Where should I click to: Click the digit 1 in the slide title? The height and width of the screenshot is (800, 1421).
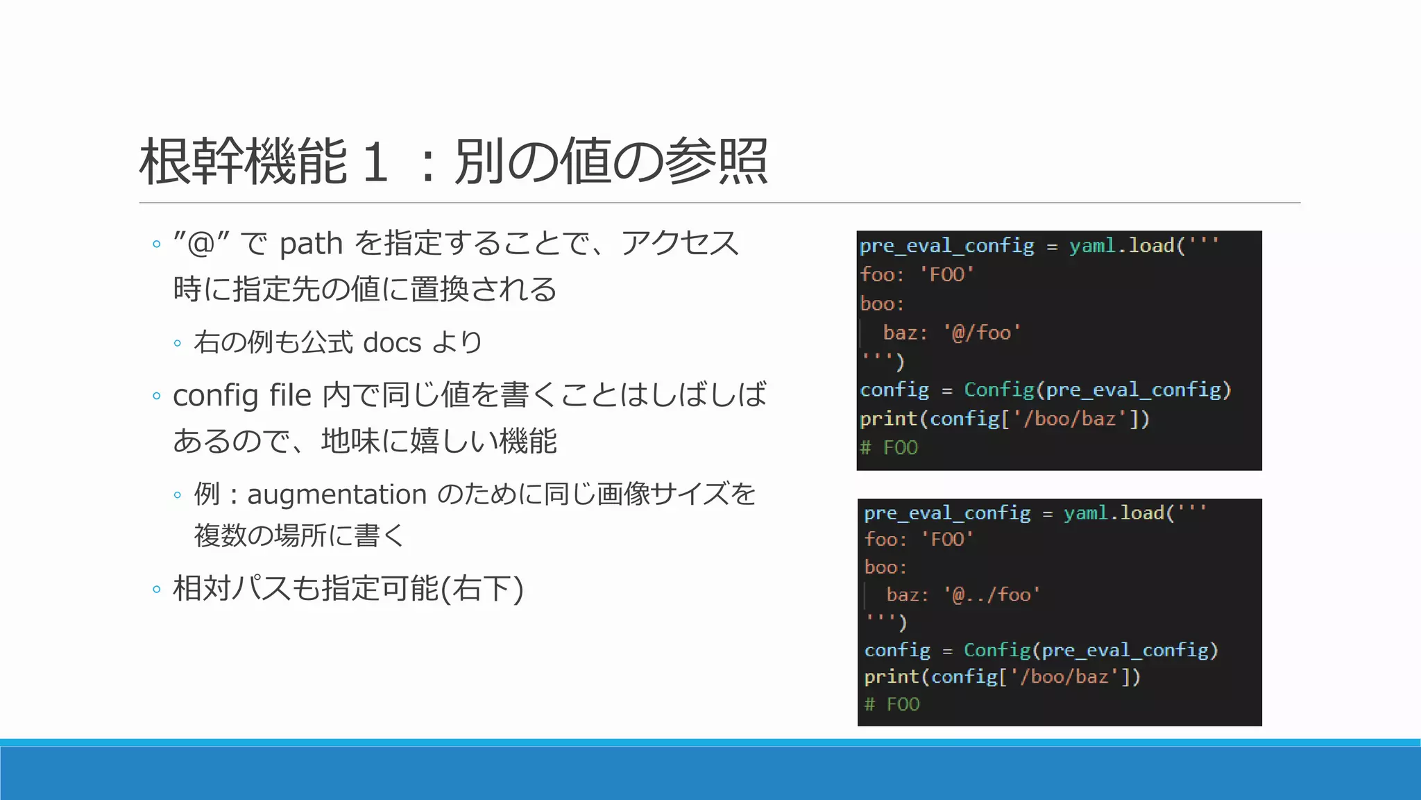375,162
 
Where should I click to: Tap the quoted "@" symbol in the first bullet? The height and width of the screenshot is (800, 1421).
201,244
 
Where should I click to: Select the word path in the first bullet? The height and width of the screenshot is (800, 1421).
311,244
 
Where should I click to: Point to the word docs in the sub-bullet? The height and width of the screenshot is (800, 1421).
392,342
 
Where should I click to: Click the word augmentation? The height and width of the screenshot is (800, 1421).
337,494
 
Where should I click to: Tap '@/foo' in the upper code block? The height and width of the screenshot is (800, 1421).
982,333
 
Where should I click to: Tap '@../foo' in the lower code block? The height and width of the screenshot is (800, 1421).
992,595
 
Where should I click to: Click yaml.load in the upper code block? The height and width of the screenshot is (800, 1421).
1122,246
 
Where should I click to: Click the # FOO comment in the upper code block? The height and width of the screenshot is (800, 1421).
889,448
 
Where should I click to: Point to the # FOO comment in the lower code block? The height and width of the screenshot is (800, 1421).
892,705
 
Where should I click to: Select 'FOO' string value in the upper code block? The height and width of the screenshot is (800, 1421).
947,275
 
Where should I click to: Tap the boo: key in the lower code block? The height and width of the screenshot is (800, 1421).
885,567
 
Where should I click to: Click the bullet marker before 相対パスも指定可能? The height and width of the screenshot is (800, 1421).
156,590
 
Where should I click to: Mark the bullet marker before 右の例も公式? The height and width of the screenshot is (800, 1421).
178,343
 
